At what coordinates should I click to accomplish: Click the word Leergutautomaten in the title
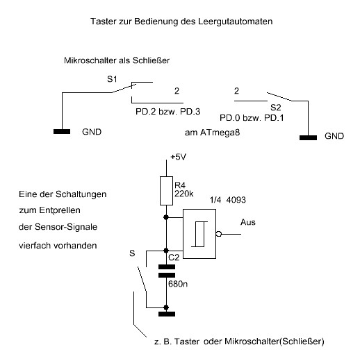click(x=236, y=22)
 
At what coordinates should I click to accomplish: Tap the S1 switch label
click(x=112, y=79)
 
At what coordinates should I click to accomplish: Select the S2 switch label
click(x=276, y=108)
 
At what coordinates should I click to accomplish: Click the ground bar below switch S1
click(x=62, y=131)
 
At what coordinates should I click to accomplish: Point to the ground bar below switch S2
click(x=308, y=137)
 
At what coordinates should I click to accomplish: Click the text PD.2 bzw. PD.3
click(x=167, y=112)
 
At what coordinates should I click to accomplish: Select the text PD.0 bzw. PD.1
click(x=252, y=118)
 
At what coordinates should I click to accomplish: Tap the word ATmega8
click(x=220, y=133)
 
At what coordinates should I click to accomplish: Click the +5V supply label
click(x=178, y=157)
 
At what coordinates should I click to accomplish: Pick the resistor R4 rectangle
click(x=166, y=191)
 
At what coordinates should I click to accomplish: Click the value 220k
click(x=184, y=194)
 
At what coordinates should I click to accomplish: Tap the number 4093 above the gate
click(x=236, y=200)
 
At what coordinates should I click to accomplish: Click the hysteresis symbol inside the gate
click(x=199, y=234)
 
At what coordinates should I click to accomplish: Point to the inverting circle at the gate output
click(x=219, y=234)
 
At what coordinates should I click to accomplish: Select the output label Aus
click(x=248, y=222)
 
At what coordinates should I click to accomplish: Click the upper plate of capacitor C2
click(x=167, y=267)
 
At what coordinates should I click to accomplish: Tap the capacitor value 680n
click(x=178, y=284)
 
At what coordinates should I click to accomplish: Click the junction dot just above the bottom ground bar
click(x=166, y=307)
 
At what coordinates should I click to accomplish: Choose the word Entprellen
click(x=60, y=210)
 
